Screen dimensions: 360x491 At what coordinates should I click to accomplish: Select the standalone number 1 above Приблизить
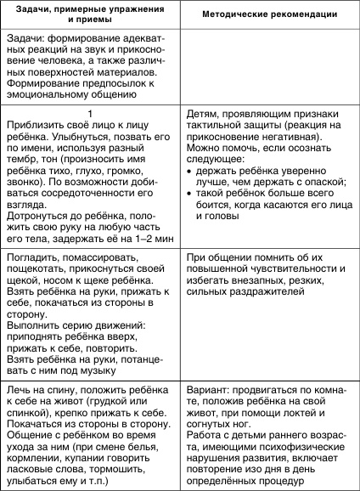[89, 112]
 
